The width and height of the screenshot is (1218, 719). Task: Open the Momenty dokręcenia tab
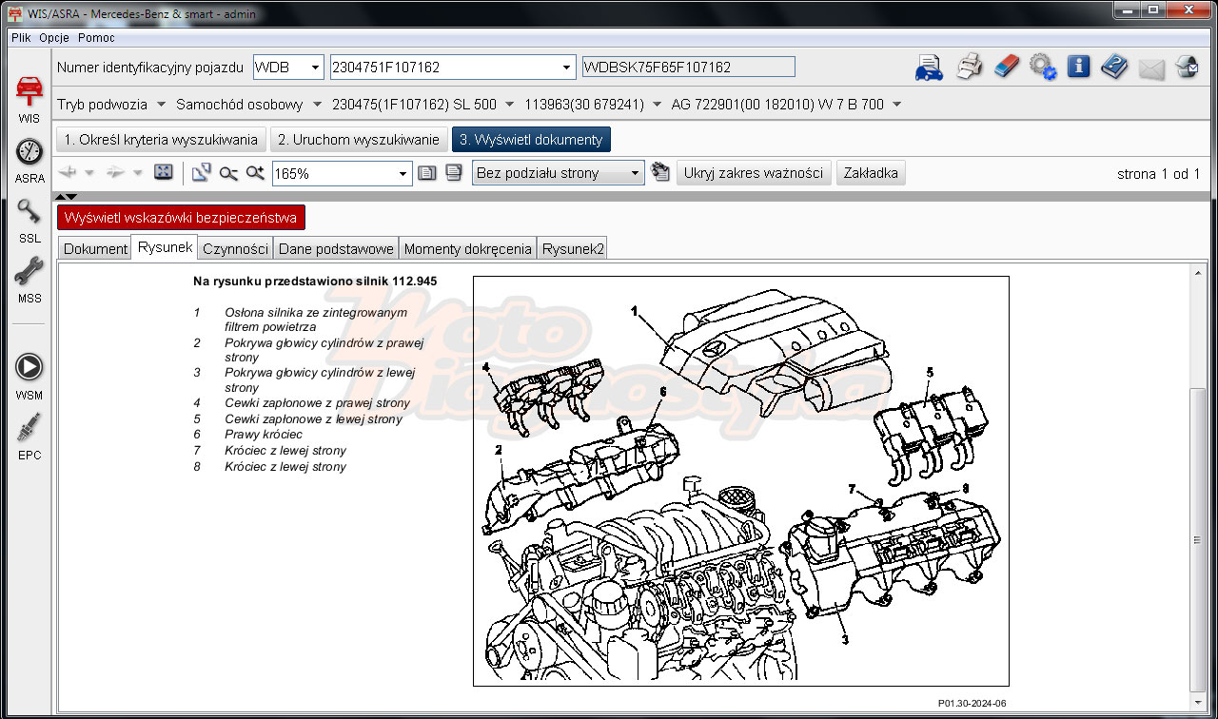coord(467,249)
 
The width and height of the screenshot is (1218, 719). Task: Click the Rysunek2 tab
coord(573,249)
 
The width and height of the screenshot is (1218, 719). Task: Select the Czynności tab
coord(235,249)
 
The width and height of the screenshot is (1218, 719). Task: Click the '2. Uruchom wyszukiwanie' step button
coord(359,140)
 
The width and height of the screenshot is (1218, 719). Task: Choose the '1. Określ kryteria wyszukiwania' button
coord(161,140)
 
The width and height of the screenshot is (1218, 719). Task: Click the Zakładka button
coord(871,173)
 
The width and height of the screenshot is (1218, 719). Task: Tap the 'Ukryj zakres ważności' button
coord(753,173)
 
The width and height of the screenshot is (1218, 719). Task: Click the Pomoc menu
coord(96,38)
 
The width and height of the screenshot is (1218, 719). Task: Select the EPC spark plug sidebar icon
coord(29,427)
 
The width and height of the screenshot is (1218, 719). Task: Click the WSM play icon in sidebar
coord(29,367)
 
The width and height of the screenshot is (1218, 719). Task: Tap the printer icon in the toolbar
coord(969,67)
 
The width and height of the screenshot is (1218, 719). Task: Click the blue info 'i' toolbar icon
coord(1078,67)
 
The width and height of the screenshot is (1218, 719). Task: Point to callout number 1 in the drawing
coord(634,311)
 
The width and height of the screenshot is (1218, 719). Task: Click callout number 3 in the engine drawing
coord(845,640)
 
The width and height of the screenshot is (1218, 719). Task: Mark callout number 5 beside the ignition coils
coord(930,372)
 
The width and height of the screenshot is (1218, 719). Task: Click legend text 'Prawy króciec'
coord(264,435)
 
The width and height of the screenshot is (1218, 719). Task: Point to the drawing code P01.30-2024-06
coord(972,703)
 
